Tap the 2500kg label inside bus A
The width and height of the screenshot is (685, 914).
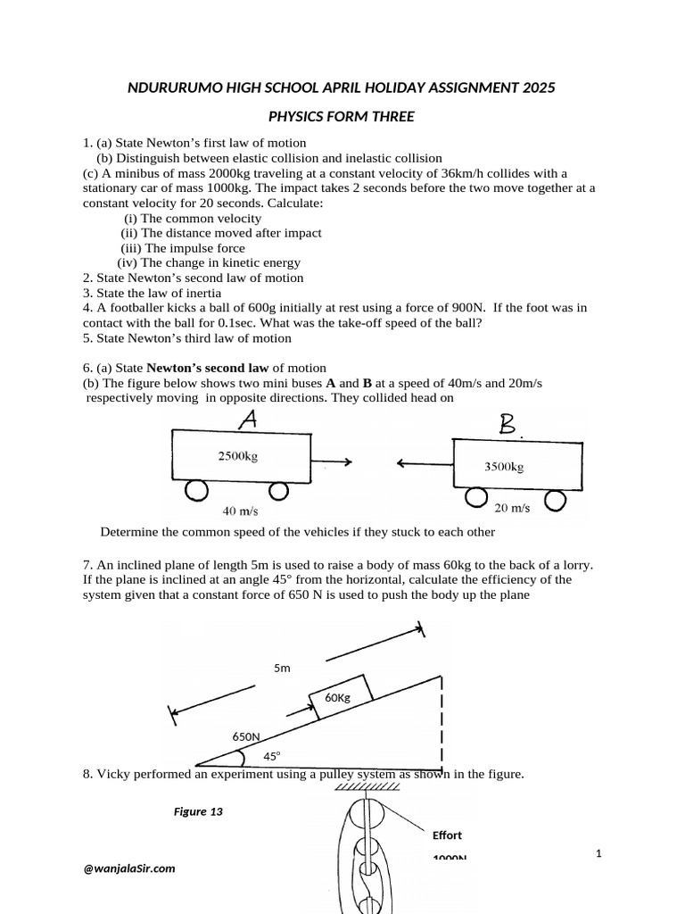(238, 456)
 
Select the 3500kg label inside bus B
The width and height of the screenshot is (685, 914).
(504, 466)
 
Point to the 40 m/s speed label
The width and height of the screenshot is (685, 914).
(241, 512)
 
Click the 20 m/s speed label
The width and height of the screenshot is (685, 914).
(512, 508)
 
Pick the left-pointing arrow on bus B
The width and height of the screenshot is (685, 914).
(425, 462)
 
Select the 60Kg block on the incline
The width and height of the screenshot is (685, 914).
(337, 696)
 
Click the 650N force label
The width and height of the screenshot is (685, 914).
(246, 736)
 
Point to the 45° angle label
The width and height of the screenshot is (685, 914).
(271, 756)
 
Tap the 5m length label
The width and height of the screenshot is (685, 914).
(282, 667)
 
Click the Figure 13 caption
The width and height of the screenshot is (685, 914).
(197, 811)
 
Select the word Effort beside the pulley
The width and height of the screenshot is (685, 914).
(447, 835)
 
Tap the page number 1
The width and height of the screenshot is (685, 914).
(599, 854)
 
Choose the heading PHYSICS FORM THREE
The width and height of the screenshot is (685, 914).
(342, 117)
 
